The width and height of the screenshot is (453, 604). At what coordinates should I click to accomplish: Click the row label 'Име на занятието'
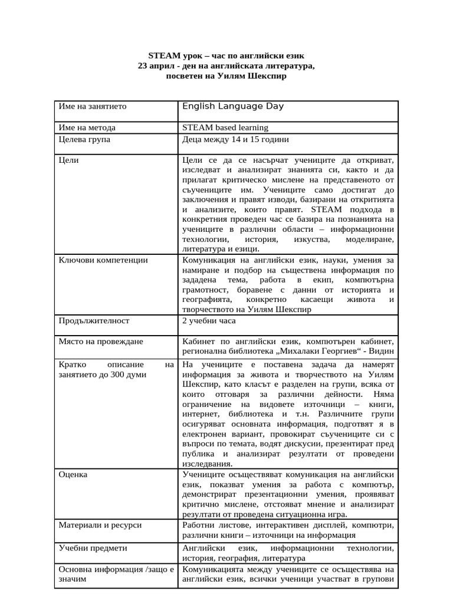click(93, 107)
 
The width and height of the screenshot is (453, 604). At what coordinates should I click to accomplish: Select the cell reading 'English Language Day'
click(233, 107)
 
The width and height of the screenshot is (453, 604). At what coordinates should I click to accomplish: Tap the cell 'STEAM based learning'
click(225, 127)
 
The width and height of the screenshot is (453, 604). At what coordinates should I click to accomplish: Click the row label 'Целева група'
click(84, 140)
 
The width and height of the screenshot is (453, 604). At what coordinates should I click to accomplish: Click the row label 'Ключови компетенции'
click(103, 260)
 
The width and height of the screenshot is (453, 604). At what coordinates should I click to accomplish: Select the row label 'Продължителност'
click(94, 321)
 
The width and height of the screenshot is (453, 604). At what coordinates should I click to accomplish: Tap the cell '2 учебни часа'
click(209, 321)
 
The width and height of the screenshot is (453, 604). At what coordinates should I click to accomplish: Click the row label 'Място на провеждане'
click(101, 342)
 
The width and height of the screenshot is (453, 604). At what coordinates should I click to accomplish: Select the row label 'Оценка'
click(73, 474)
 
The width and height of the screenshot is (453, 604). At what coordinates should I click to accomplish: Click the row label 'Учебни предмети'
click(93, 548)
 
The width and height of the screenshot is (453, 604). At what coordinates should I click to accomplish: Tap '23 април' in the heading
click(155, 65)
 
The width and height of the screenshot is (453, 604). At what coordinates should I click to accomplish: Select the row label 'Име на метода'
click(87, 127)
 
